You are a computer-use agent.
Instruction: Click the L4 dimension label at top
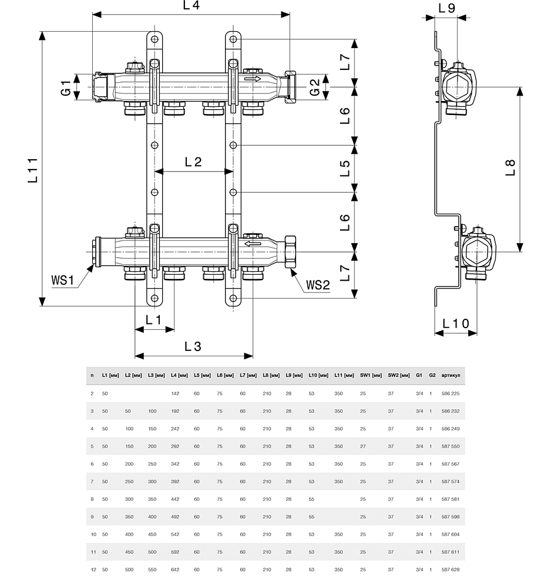click(191, 5)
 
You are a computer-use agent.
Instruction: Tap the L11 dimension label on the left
click(33, 170)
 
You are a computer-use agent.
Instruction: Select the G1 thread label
click(66, 87)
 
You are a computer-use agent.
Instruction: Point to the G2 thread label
click(315, 87)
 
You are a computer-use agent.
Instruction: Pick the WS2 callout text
click(318, 285)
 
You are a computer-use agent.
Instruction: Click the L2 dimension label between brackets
click(193, 162)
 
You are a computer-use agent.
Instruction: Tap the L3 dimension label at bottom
click(193, 346)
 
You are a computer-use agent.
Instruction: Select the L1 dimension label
click(153, 320)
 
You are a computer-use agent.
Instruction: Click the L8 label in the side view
click(510, 168)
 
